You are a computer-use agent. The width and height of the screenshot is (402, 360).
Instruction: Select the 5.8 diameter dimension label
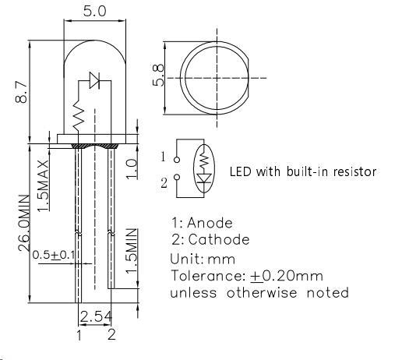(x=160, y=76)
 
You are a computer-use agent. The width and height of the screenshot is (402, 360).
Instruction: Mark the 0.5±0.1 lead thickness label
(x=52, y=254)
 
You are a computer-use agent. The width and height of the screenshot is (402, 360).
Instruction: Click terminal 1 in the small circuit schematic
(x=164, y=157)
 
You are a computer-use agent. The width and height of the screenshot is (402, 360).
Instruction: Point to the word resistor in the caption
(x=350, y=171)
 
